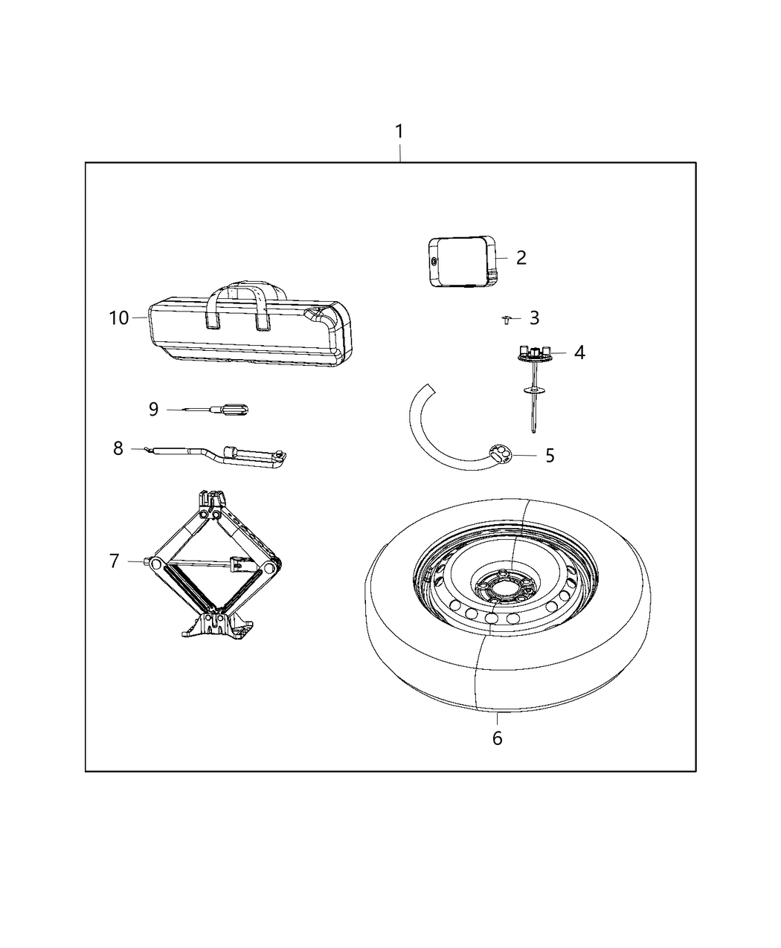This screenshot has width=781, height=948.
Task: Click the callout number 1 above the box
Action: pyautogui.click(x=399, y=132)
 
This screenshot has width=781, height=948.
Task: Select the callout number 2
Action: pyautogui.click(x=521, y=257)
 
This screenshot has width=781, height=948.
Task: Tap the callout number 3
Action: pyautogui.click(x=534, y=318)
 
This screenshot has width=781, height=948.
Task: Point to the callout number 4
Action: pyautogui.click(x=579, y=352)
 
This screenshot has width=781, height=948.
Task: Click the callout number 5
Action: pyautogui.click(x=550, y=455)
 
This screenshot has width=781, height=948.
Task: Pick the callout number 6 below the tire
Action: pyautogui.click(x=497, y=738)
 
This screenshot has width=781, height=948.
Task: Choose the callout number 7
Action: pyautogui.click(x=114, y=561)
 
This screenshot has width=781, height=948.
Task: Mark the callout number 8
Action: pyautogui.click(x=118, y=448)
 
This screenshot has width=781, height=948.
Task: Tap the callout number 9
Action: pyautogui.click(x=153, y=409)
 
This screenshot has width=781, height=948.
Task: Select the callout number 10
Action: pyautogui.click(x=118, y=318)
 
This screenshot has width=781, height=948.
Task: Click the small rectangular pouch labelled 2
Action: pyautogui.click(x=461, y=260)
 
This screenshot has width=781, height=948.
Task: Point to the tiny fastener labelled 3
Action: pyautogui.click(x=506, y=320)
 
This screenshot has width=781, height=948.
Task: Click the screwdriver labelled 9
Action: pyautogui.click(x=223, y=409)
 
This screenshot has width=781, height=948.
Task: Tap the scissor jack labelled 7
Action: pyautogui.click(x=216, y=565)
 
